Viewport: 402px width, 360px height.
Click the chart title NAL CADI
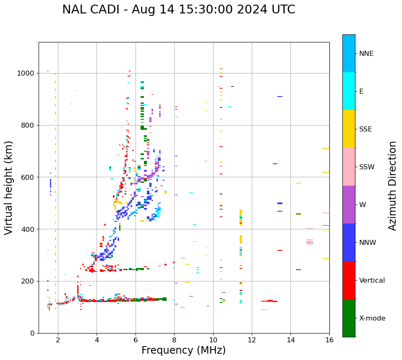click(x=178, y=10)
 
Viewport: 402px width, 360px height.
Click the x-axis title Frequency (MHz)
click(x=183, y=350)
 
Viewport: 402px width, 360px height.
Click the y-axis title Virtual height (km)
click(x=9, y=187)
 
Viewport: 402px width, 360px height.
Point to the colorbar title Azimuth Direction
click(x=392, y=185)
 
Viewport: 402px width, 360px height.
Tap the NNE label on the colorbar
click(x=366, y=54)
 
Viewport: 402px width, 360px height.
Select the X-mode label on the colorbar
click(x=372, y=318)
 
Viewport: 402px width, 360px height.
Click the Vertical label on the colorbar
click(x=372, y=281)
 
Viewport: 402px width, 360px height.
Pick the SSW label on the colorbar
click(x=367, y=167)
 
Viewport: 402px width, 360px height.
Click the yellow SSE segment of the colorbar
click(x=349, y=129)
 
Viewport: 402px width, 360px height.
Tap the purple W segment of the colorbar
click(x=349, y=204)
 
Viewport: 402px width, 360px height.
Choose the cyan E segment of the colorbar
click(x=349, y=91)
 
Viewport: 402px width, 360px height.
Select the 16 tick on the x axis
click(x=329, y=340)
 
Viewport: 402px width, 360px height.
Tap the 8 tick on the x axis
click(x=174, y=340)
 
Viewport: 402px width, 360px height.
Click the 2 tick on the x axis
click(x=58, y=340)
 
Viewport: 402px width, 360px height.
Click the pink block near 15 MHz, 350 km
click(x=310, y=242)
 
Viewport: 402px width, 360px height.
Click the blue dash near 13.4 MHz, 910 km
click(x=279, y=97)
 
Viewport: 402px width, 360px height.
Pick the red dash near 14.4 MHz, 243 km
click(x=298, y=270)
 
